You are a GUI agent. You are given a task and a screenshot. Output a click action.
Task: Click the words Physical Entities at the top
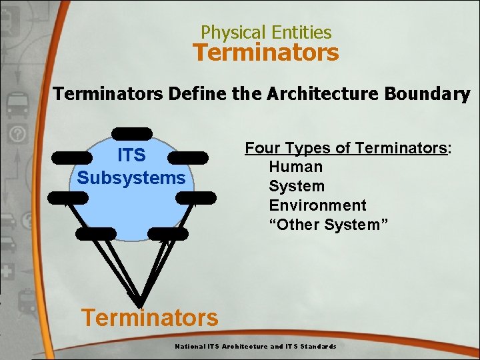pos(266,32)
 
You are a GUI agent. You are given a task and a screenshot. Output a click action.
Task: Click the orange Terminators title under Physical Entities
pos(266,52)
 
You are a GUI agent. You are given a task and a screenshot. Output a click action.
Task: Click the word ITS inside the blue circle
pos(131,155)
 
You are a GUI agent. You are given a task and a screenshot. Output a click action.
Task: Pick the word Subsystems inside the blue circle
pos(131,178)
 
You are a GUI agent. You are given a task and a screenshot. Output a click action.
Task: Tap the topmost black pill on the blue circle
pos(132,133)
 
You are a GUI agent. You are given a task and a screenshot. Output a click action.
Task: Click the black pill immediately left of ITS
pos(71,157)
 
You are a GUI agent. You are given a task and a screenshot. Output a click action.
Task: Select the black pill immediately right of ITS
pos(188,157)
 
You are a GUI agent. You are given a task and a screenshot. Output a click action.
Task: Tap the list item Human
pos(295,167)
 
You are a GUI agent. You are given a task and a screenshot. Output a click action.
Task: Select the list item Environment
pos(317,205)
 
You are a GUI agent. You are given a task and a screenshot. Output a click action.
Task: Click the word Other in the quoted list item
pos(297,225)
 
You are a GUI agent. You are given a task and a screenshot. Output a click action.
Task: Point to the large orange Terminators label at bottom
pos(149,317)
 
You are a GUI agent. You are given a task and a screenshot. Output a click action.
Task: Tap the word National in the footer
pos(190,347)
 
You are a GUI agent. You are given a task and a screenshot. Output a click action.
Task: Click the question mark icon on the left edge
pos(18,135)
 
